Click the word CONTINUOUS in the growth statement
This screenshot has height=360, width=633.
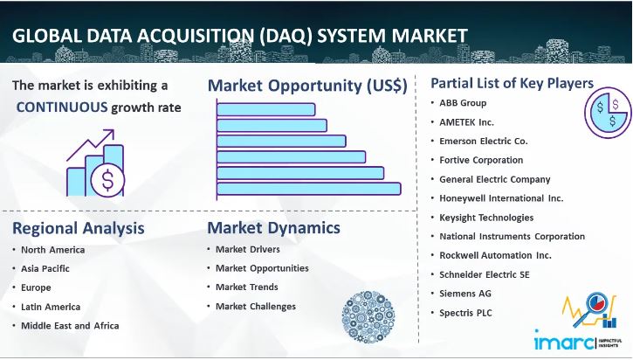click(x=60, y=107)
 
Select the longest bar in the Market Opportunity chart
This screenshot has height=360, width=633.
click(x=308, y=188)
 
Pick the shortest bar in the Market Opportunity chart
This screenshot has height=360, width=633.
click(x=263, y=109)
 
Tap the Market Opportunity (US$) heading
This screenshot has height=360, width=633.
click(x=307, y=86)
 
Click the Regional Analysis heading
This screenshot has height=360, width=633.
click(x=79, y=229)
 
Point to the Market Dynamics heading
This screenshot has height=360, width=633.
click(x=273, y=229)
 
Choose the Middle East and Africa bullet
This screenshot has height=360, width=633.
click(x=70, y=326)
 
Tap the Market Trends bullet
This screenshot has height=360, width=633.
click(x=247, y=287)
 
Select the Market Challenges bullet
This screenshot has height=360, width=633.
click(x=256, y=307)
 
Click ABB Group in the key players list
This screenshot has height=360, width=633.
click(x=464, y=103)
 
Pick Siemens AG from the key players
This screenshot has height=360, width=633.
click(x=464, y=294)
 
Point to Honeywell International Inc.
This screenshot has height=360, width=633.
click(x=501, y=198)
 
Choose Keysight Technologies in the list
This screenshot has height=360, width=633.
click(x=486, y=218)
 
